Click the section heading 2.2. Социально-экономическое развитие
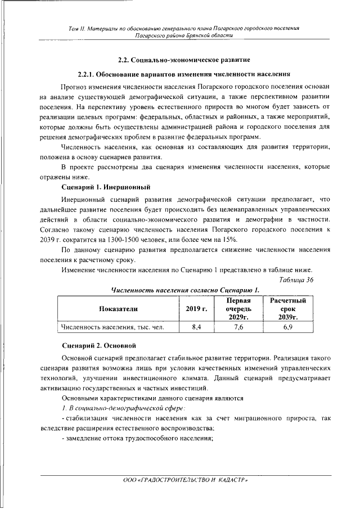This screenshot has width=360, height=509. [184, 59]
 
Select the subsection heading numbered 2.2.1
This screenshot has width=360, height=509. [184, 74]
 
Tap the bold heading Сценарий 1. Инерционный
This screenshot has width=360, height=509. [105, 186]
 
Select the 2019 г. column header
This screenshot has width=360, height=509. [197, 309]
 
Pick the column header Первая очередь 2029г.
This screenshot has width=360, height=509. [238, 309]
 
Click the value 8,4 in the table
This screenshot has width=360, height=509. [197, 327]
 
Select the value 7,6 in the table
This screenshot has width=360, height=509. [238, 327]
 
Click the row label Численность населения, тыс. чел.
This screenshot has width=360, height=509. [112, 327]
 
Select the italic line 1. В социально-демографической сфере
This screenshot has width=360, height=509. [124, 407]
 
